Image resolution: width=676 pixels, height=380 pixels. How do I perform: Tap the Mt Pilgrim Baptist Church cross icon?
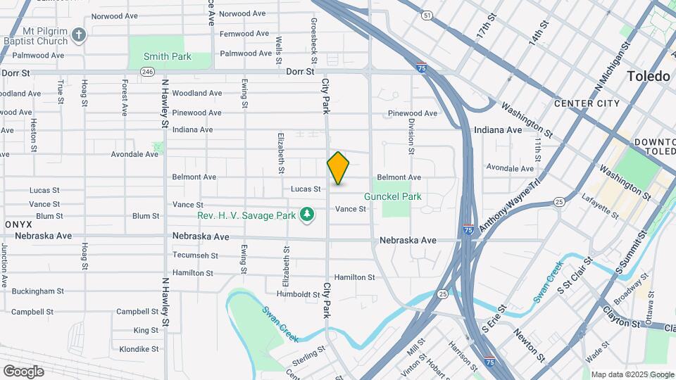click(80, 33)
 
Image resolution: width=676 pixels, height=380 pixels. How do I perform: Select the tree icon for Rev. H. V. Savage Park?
click(306, 213)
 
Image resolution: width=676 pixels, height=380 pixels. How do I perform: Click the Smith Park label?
click(167, 56)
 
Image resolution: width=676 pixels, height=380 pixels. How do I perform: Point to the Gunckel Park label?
click(392, 196)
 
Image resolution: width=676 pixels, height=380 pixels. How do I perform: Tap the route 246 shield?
click(147, 72)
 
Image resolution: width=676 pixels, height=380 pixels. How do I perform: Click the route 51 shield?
click(427, 15)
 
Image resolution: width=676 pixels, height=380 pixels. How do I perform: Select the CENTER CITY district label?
click(587, 103)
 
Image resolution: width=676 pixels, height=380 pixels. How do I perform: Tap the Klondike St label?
click(139, 349)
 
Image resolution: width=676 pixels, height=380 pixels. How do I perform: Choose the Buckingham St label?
click(37, 291)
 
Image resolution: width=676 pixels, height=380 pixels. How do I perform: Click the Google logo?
click(23, 371)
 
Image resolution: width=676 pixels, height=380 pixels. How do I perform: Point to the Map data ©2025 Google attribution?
click(632, 374)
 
